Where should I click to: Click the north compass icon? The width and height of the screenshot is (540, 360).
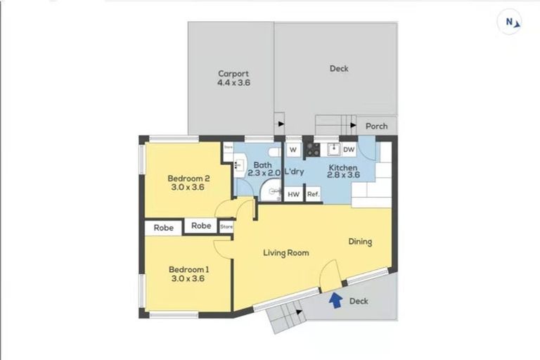(512, 22)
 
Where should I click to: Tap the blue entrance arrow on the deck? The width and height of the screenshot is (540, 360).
(335, 300)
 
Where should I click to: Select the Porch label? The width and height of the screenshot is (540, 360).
(377, 127)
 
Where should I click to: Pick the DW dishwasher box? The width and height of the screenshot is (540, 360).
(349, 149)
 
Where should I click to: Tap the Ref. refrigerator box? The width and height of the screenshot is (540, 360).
(313, 194)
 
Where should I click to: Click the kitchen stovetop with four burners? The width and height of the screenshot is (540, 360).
(312, 149)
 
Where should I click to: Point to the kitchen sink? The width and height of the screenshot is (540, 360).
(330, 149)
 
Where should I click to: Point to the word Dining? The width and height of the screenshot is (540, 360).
(360, 242)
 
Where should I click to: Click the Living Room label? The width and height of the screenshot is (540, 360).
(286, 252)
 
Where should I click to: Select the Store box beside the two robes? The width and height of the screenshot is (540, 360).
(226, 227)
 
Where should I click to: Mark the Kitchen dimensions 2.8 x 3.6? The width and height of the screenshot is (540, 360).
(343, 176)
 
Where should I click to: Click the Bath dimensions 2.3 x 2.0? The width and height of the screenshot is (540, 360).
(264, 172)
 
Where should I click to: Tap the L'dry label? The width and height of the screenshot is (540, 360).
(294, 172)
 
